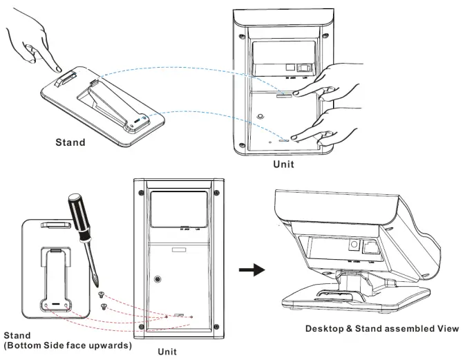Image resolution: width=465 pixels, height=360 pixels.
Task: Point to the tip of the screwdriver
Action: click(102, 283)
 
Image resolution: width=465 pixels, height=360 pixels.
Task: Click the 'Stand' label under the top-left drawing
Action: click(70, 143)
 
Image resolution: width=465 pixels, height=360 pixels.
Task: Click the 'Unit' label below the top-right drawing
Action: click(284, 164)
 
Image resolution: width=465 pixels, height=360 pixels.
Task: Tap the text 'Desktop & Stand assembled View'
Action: click(382, 328)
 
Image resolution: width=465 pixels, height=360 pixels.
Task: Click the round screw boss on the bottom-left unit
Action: click(160, 279)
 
